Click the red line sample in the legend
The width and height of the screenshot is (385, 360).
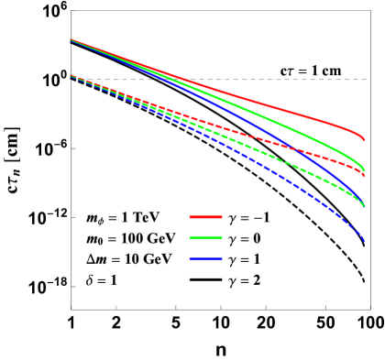coord(205,217)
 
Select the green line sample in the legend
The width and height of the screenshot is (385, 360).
coord(205,237)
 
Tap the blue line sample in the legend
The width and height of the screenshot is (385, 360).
coord(205,258)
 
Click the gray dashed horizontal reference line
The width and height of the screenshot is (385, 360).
coord(275,80)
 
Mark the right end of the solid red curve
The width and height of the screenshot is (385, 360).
coord(365,140)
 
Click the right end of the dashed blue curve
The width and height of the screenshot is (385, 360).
coord(365,241)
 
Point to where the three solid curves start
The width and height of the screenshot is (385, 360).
coord(71,39)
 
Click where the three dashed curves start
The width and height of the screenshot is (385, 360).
coord(71,75)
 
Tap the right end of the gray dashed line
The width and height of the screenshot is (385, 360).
coord(368,80)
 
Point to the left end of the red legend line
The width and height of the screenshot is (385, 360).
coord(190,217)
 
